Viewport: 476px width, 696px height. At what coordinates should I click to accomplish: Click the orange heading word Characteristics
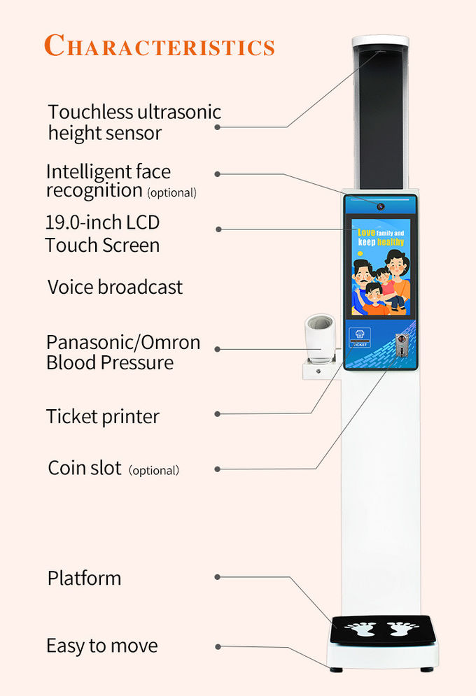160,45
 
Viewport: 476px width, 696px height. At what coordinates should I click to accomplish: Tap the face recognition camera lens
381,206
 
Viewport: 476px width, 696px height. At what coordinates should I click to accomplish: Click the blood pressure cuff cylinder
320,339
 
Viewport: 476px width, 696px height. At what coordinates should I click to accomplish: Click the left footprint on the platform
360,629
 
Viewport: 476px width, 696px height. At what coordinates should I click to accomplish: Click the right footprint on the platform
402,628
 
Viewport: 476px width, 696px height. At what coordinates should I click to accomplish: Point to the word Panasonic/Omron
123,343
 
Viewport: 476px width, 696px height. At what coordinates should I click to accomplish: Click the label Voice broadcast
115,287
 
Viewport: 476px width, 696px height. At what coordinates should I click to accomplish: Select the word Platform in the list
85,578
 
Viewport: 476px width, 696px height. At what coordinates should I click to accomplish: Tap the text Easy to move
102,646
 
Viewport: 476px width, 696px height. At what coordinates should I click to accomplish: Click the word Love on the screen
366,232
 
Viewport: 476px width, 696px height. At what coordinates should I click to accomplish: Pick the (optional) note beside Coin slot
154,471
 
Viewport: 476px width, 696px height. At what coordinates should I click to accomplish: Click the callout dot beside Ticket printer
218,414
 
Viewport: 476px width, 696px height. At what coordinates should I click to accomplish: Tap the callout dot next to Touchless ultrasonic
218,127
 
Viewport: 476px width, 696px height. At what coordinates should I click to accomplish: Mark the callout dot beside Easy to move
218,647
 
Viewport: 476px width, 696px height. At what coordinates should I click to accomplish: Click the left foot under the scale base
336,669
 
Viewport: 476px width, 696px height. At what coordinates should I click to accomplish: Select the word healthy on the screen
391,242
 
